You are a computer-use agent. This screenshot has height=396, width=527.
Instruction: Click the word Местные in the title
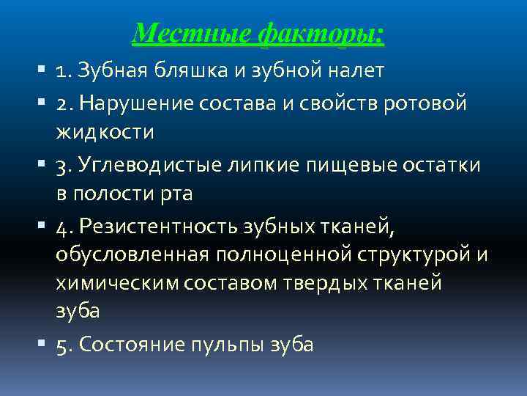191,33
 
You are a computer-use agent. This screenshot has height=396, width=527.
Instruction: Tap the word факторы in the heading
321,33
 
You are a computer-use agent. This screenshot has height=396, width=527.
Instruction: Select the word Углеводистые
154,166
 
